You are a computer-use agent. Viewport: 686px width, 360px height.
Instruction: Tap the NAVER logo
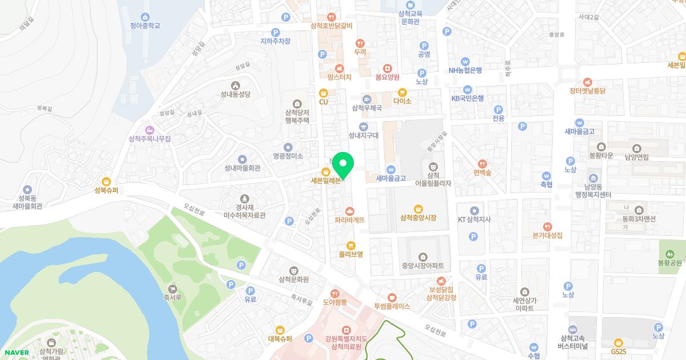(15, 352)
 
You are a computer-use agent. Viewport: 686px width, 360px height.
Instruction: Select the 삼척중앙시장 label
(418, 218)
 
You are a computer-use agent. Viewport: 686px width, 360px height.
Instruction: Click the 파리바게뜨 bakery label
(350, 219)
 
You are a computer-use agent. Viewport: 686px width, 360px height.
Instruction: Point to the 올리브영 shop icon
(351, 245)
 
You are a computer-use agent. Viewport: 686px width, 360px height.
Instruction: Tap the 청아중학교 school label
(145, 26)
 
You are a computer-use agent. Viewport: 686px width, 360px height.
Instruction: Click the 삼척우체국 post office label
(366, 107)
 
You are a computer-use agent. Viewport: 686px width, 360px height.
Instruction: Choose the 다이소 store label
(402, 101)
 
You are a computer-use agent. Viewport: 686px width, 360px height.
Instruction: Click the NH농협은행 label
(465, 70)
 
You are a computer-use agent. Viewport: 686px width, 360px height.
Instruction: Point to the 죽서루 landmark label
(172, 298)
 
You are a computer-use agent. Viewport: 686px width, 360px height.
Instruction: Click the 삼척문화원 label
(293, 279)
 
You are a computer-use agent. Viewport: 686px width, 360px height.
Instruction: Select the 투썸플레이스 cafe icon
(392, 297)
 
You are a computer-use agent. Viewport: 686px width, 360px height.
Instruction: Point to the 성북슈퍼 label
(106, 191)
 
